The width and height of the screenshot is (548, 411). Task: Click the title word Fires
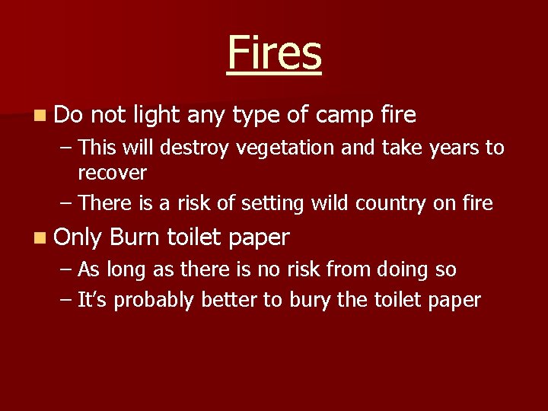[x=274, y=53]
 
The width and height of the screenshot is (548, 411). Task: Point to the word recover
[x=112, y=173]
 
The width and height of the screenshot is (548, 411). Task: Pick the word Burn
[x=135, y=237]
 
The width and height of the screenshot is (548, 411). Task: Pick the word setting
[x=267, y=204]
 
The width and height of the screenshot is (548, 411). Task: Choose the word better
[x=230, y=300]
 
